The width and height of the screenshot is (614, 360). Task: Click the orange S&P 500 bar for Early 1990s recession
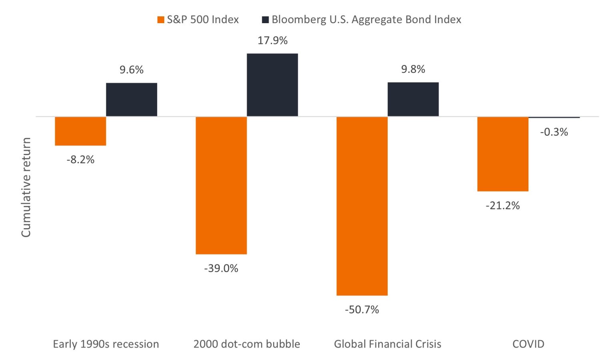80,131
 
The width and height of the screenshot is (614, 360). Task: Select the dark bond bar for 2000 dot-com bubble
272,85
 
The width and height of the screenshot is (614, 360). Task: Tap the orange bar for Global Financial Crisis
362,206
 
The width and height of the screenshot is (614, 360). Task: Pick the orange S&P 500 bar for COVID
503,154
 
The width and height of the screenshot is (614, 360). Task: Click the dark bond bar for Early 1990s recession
132,100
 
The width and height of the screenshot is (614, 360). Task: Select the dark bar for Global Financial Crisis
413,99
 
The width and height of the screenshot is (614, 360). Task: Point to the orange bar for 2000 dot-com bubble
221,185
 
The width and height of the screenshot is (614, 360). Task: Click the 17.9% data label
272,40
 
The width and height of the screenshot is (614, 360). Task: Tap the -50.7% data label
362,310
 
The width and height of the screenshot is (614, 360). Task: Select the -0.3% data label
554,132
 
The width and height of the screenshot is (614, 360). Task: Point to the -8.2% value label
80,160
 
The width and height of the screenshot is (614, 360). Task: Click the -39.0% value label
221,268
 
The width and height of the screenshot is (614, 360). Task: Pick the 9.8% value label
413,70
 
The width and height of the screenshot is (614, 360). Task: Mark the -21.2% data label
503,206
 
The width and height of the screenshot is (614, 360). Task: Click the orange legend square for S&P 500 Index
161,20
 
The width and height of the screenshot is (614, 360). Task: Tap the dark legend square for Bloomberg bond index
265,20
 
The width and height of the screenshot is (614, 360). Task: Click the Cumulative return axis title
26,187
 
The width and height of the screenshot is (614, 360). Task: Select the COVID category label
528,344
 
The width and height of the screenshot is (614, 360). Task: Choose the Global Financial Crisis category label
387,344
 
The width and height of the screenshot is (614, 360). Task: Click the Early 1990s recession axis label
106,344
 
